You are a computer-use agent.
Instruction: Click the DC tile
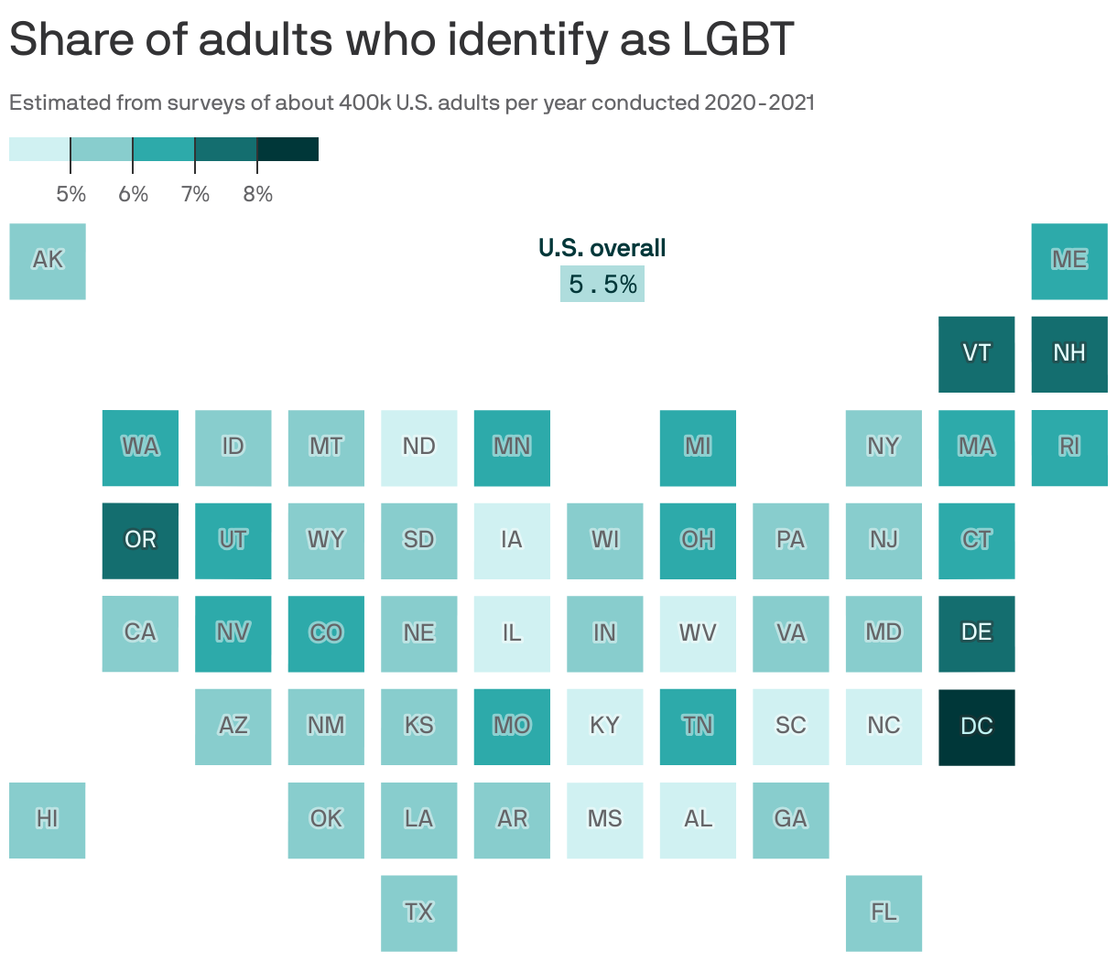click(x=976, y=727)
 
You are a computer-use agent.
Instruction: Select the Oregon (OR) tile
click(x=140, y=540)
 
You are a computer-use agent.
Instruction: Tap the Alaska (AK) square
click(x=48, y=261)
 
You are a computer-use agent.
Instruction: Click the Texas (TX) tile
click(x=419, y=912)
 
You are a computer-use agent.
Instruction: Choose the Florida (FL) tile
click(x=884, y=912)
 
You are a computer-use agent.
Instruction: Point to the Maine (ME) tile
click(x=1069, y=261)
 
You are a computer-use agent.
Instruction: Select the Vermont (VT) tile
click(x=976, y=354)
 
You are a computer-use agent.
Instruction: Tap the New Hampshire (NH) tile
click(x=1069, y=354)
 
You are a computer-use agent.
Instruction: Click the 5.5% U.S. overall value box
click(x=602, y=285)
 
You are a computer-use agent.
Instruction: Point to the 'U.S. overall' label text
click(x=602, y=248)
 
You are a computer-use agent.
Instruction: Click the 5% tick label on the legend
click(x=70, y=194)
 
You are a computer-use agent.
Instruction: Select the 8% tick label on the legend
click(x=257, y=194)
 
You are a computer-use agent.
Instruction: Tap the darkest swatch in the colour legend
click(x=287, y=149)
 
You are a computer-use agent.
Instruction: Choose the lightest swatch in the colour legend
click(x=39, y=149)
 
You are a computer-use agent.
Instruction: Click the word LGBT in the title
click(x=738, y=39)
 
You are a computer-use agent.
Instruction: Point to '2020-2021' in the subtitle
click(x=759, y=103)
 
